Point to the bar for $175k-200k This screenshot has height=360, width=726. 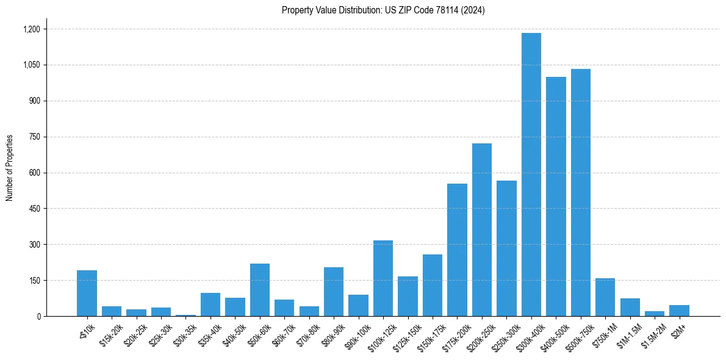(457, 250)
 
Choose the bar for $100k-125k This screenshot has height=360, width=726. (383, 278)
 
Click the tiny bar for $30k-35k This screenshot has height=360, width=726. (185, 315)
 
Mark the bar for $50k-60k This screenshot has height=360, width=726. (259, 290)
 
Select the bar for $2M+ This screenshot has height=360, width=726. (679, 311)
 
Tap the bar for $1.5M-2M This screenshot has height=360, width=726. (654, 314)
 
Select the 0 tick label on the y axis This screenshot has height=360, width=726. (38, 317)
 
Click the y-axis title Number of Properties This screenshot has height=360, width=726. (10, 167)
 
